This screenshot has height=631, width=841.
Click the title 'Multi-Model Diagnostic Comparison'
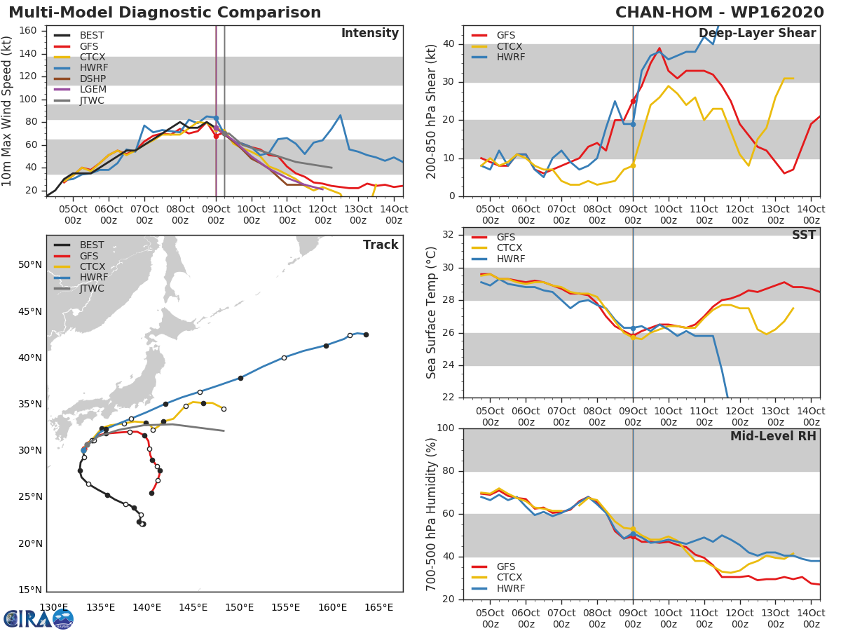[165, 13]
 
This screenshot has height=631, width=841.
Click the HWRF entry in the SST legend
[510, 259]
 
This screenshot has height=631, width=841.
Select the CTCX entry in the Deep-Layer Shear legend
[510, 46]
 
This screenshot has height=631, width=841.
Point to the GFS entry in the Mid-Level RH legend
[510, 566]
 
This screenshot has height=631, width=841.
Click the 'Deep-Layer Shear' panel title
[757, 34]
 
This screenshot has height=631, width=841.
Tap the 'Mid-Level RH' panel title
[773, 436]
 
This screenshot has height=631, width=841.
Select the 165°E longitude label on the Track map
[378, 607]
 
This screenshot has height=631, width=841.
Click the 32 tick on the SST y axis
[447, 234]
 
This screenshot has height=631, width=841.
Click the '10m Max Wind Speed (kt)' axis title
[8, 107]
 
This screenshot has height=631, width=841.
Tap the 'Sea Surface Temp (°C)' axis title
[432, 313]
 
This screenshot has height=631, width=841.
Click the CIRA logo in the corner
[39, 618]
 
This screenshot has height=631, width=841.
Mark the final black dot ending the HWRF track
[366, 334]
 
